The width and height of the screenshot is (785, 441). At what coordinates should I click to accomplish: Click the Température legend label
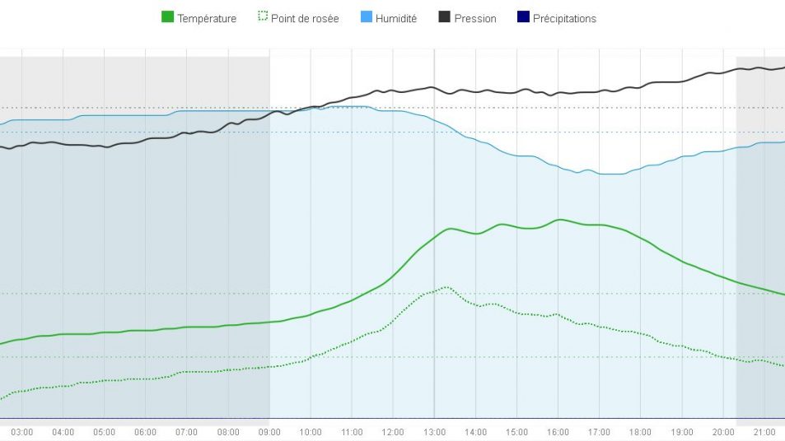(x=206, y=18)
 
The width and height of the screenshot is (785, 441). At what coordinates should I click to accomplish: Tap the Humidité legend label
(x=395, y=18)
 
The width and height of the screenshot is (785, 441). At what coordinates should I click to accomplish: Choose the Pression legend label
(x=475, y=18)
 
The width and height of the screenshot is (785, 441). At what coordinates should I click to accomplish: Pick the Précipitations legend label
(x=564, y=18)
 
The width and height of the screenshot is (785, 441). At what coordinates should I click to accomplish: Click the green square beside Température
(x=167, y=17)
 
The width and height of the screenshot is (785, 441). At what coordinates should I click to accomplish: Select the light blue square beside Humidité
(x=366, y=17)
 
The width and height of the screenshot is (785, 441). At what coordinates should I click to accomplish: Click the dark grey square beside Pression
(x=444, y=17)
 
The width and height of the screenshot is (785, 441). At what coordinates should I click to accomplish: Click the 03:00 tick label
(x=22, y=432)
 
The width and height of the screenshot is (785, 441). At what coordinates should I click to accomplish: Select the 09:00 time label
(x=269, y=432)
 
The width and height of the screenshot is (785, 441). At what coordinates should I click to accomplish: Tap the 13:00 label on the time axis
(x=435, y=432)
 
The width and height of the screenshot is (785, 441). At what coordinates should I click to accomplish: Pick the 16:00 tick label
(x=558, y=432)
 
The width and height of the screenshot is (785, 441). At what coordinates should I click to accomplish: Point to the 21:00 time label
(x=764, y=432)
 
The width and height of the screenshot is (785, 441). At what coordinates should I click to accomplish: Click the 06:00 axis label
(x=146, y=432)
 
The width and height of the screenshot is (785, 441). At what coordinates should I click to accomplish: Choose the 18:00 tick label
(x=641, y=432)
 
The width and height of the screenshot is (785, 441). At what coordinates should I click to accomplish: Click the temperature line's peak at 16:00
(x=559, y=220)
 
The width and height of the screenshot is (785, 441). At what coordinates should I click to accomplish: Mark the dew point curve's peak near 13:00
(x=446, y=287)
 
